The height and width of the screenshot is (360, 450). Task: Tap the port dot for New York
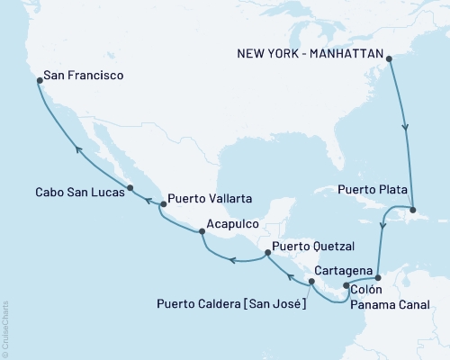click(390, 60)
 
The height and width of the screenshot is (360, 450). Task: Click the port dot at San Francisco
click(39, 81)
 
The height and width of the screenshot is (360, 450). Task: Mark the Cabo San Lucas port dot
click(131, 188)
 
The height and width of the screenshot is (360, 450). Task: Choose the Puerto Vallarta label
click(210, 199)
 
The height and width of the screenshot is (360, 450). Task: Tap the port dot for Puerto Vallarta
click(162, 204)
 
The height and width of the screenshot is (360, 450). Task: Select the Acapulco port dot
click(202, 231)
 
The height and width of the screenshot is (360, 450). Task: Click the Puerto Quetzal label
click(310, 246)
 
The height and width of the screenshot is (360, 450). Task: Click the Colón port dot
click(346, 286)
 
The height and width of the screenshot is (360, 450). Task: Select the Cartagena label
click(346, 270)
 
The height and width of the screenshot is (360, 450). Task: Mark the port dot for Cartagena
click(378, 277)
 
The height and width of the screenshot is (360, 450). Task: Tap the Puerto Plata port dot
click(413, 209)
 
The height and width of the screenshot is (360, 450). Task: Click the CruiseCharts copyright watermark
click(5, 328)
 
